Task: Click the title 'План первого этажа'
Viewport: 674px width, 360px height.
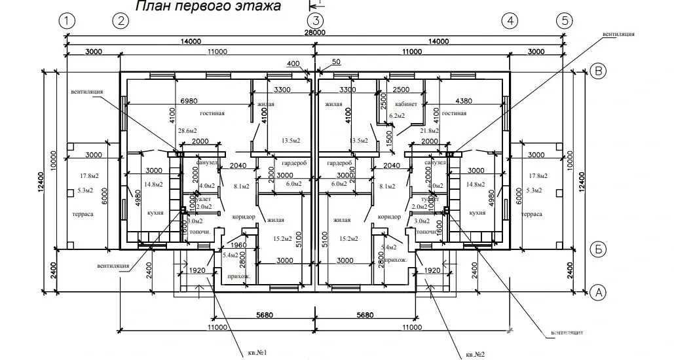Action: point(208,7)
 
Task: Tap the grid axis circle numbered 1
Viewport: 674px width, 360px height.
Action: point(66,20)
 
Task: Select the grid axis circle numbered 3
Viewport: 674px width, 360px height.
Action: point(316,20)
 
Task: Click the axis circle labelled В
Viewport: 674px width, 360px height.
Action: point(597,71)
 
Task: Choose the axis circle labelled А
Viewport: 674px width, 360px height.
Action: point(597,293)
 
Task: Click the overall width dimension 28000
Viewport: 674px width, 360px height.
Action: point(315,32)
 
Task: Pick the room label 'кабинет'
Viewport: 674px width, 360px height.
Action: point(406,105)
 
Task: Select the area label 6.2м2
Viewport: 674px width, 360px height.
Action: point(398,116)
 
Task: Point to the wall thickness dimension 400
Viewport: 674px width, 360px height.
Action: point(293,63)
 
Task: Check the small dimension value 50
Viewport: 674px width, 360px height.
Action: point(337,62)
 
